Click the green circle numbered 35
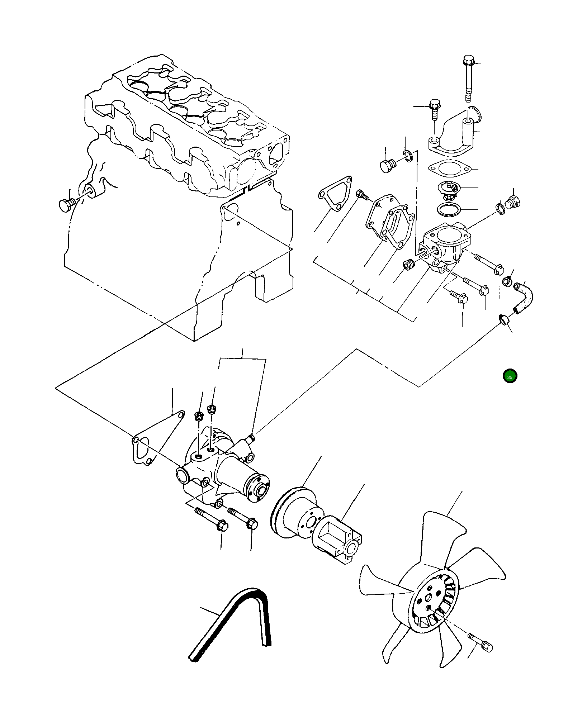tap(510, 376)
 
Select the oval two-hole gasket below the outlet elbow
tap(449, 168)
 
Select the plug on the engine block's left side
tap(66, 205)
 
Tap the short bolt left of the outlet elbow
tap(434, 109)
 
